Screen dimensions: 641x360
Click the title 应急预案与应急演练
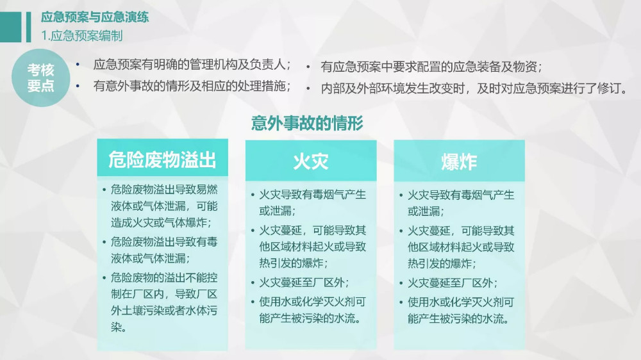[95, 17]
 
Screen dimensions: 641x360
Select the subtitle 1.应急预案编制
[82, 35]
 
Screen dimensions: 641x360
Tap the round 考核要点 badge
[41, 78]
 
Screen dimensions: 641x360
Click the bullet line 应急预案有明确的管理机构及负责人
[192, 65]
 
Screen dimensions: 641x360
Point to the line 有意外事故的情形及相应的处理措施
[192, 86]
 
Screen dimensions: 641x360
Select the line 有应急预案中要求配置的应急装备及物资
[431, 67]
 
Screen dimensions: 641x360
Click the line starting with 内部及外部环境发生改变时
[474, 88]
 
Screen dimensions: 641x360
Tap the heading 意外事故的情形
[307, 123]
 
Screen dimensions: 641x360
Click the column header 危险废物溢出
[162, 160]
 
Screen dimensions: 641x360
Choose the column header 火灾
[311, 161]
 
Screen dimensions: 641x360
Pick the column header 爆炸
[459, 161]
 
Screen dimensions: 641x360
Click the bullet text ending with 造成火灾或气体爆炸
[164, 206]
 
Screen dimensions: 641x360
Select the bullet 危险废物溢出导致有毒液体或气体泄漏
[164, 250]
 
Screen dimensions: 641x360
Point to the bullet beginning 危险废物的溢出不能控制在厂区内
[164, 302]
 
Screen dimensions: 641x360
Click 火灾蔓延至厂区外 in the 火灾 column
[304, 282]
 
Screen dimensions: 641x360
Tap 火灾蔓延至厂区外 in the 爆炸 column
[452, 282]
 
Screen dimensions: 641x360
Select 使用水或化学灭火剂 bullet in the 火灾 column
[312, 310]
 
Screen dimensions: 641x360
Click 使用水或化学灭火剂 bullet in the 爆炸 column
[461, 311]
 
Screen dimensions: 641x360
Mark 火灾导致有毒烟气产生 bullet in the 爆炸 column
[461, 203]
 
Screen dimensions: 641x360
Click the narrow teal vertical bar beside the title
[29, 28]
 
